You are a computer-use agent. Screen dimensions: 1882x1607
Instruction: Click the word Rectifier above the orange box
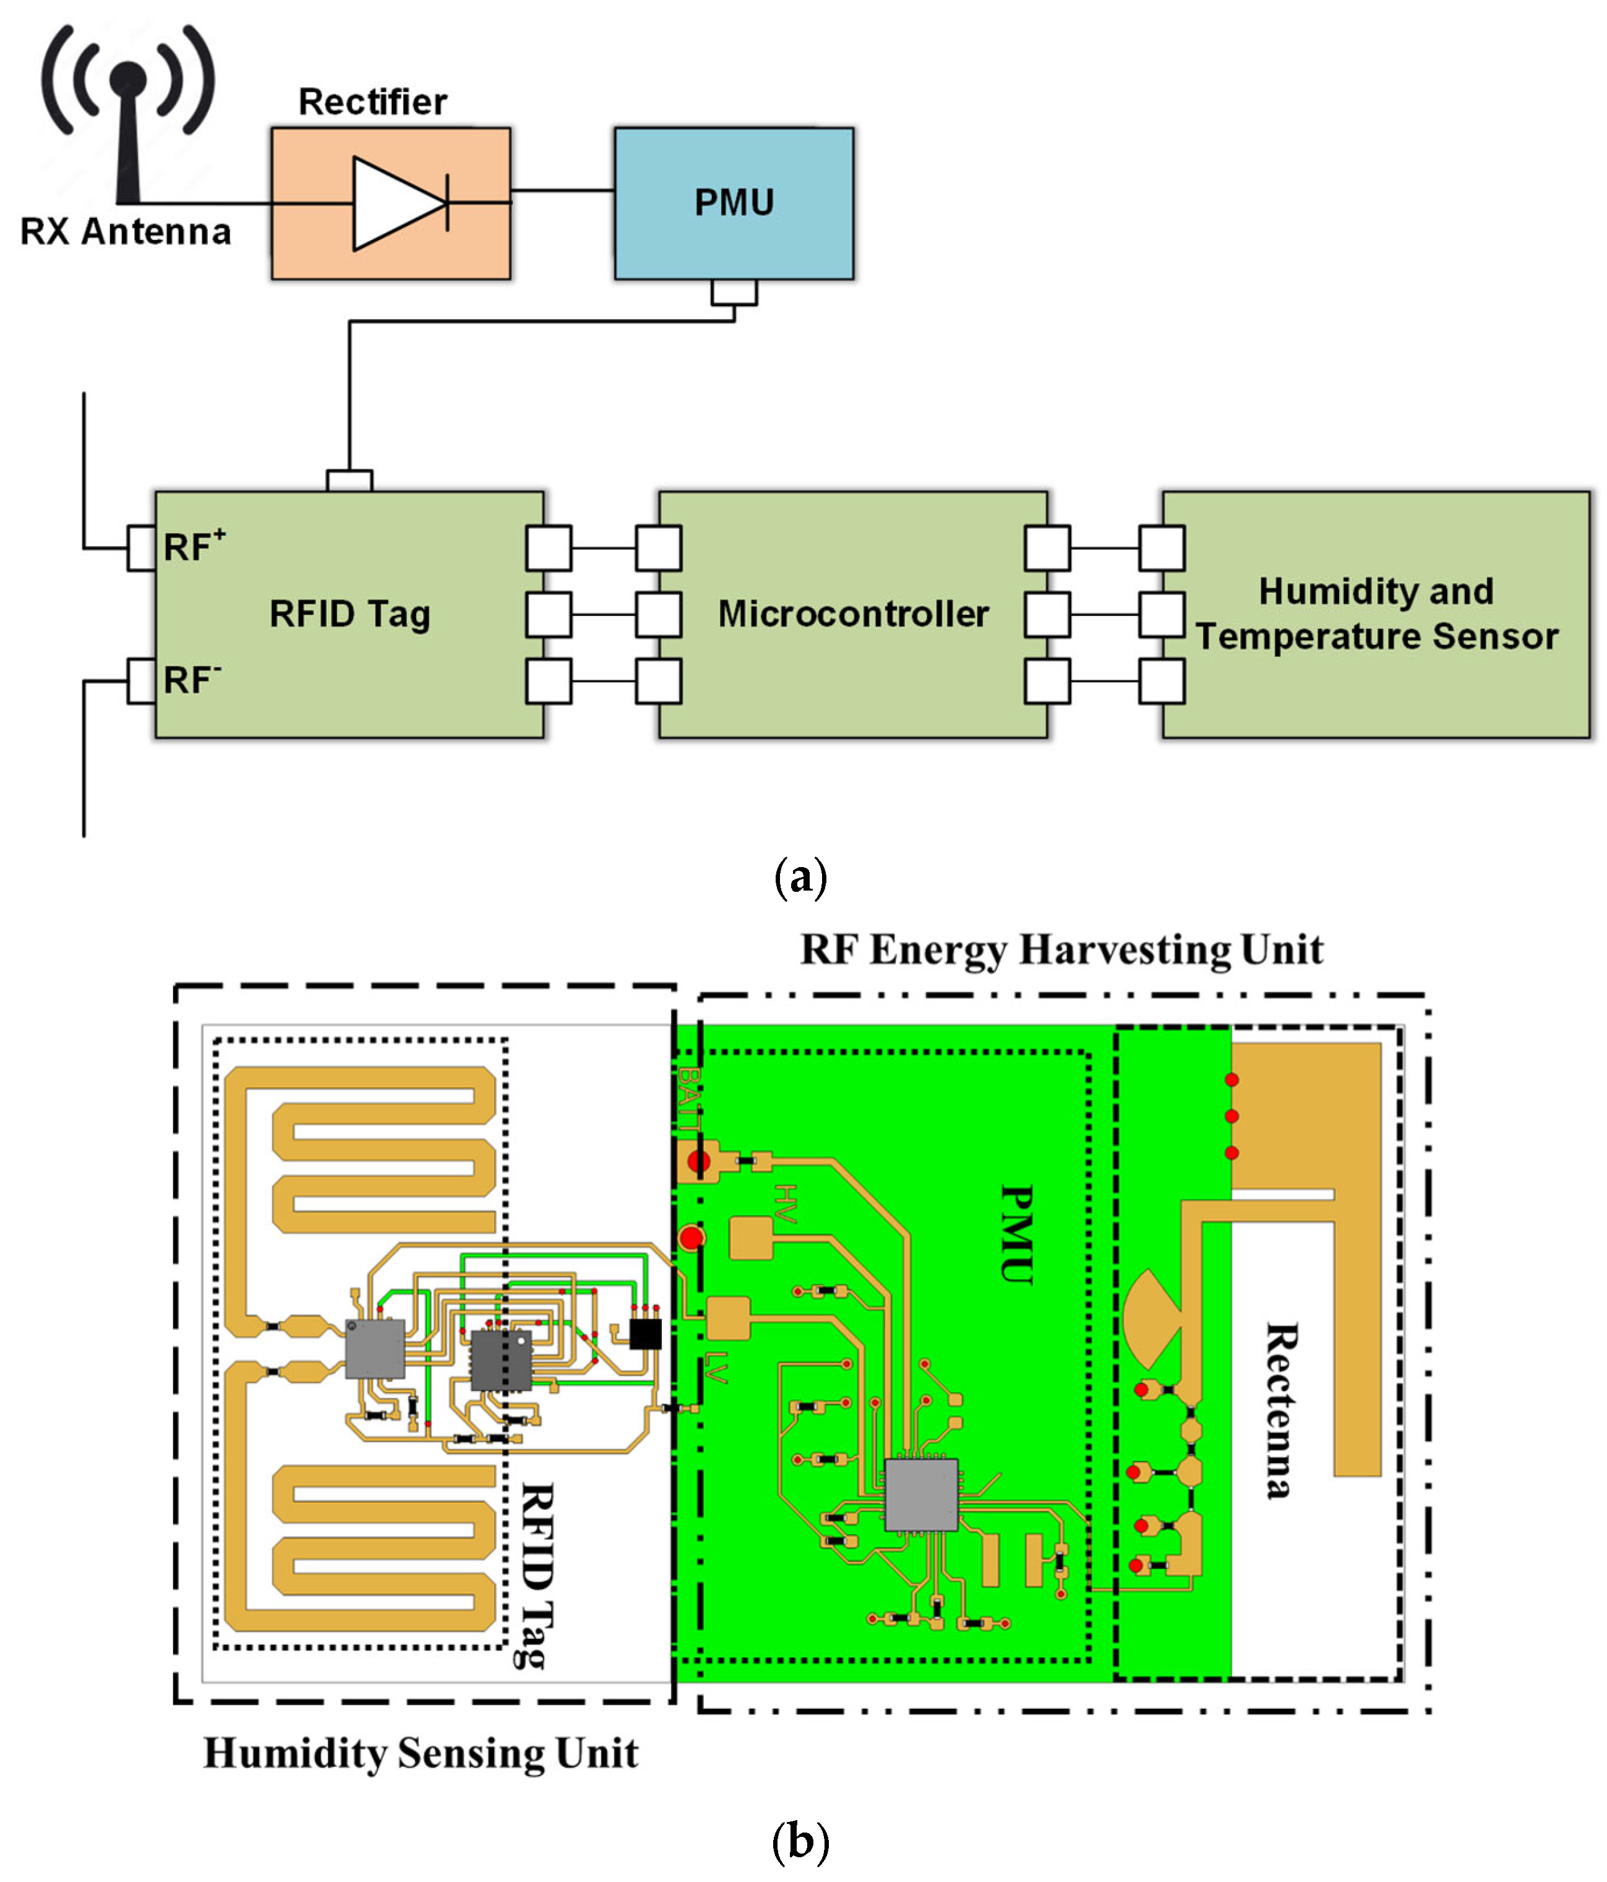pos(372,101)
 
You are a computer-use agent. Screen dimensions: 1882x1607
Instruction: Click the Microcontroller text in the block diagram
pos(853,614)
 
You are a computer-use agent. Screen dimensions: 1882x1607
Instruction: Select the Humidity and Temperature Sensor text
pos(1376,614)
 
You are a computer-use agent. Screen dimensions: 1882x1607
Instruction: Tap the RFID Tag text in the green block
pos(349,614)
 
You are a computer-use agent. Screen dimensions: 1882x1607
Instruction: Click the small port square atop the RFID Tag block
pos(349,481)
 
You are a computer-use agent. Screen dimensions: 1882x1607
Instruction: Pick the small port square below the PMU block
pos(734,291)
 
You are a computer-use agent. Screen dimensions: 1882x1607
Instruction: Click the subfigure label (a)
pos(800,878)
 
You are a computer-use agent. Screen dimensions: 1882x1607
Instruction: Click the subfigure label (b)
pos(800,1842)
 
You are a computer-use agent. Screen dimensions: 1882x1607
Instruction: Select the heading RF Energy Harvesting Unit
pos(1061,950)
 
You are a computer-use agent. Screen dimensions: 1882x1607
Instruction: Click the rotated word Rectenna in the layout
pos(1282,1409)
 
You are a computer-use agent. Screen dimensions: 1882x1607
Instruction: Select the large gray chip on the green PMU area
pos(921,1495)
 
